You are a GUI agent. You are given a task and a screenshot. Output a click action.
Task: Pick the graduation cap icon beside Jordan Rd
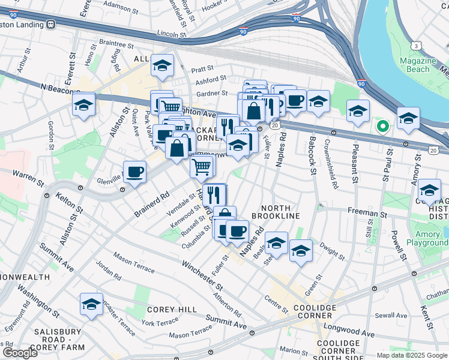click(91, 304)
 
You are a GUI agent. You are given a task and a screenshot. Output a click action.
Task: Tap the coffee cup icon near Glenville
click(134, 172)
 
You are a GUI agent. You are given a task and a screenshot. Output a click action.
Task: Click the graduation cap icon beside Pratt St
click(162, 65)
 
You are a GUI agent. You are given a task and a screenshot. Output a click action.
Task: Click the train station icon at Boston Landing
click(50, 24)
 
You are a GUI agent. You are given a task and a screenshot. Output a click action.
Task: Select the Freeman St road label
click(366, 213)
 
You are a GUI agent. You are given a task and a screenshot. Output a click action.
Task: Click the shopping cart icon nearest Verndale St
click(202, 166)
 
